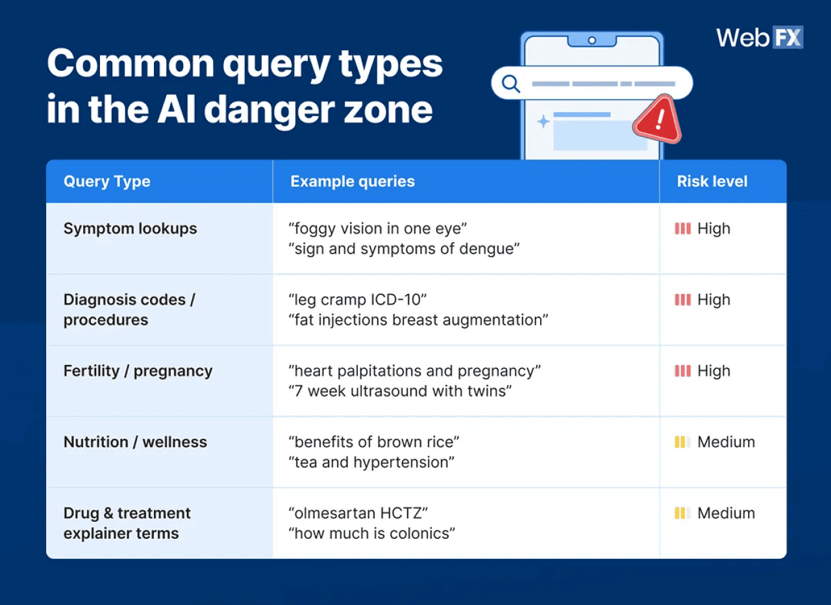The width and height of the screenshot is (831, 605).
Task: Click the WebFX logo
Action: (759, 38)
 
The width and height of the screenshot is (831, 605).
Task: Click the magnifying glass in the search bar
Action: (511, 84)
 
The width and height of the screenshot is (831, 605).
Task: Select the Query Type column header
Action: (107, 182)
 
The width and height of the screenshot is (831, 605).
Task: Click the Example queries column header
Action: (353, 182)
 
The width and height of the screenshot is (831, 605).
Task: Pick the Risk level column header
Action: (712, 182)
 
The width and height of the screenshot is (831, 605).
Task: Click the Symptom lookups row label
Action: (130, 228)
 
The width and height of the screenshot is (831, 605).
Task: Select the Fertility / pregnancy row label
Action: (138, 371)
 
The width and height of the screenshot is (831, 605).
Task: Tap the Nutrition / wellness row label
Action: (135, 442)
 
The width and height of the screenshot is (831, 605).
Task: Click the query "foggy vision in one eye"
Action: (378, 228)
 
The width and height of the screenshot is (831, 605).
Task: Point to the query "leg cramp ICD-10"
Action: (358, 300)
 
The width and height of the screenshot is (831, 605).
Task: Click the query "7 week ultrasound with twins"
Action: (401, 391)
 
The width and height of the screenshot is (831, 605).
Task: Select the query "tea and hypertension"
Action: (371, 462)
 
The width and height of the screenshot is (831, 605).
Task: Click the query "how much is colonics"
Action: (371, 534)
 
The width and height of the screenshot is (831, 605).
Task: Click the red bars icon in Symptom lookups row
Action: (682, 228)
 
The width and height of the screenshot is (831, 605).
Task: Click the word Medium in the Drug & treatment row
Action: (726, 513)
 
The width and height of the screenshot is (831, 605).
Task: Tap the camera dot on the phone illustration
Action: (591, 40)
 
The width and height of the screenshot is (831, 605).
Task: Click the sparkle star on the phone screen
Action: (543, 121)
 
